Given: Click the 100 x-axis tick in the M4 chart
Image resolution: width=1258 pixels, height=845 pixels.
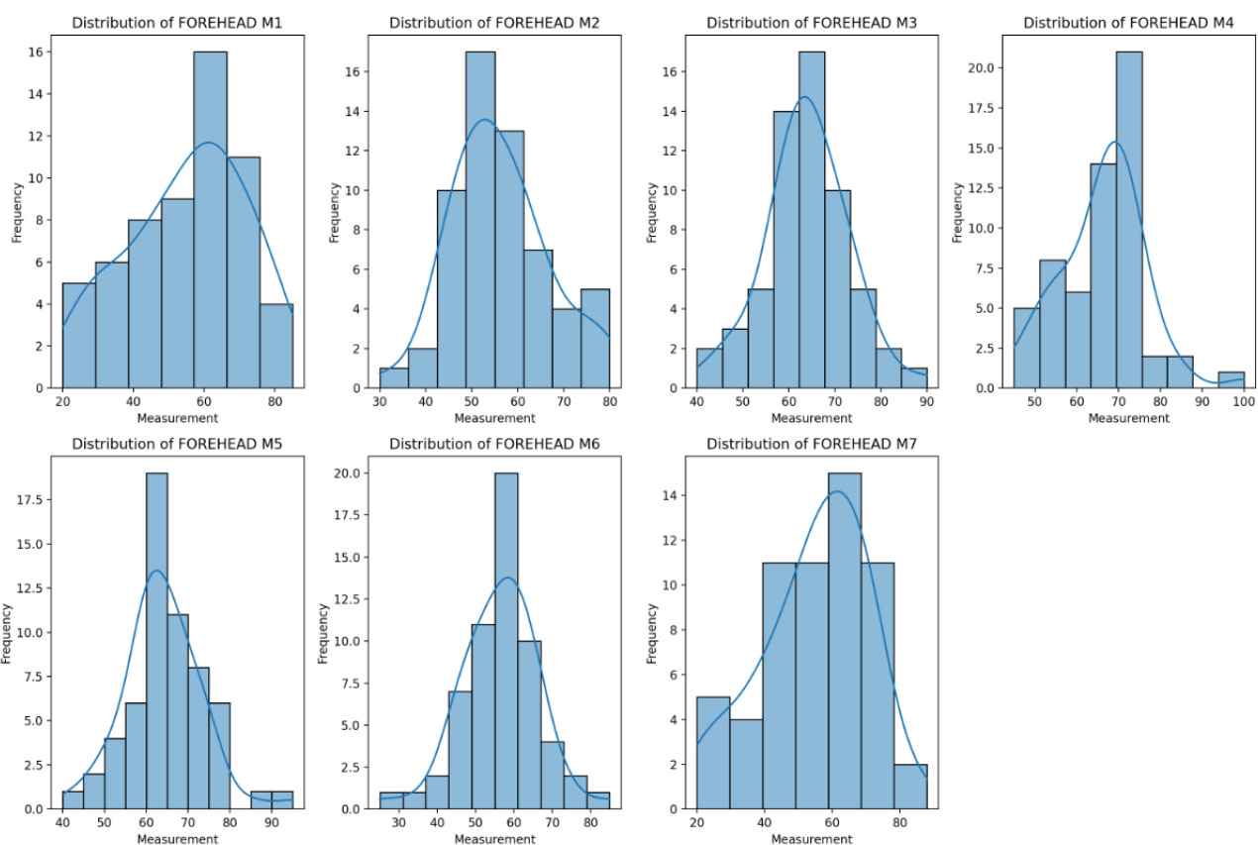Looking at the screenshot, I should (x=1243, y=403).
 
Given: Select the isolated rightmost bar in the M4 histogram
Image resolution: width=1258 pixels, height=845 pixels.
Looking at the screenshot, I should (x=1230, y=380).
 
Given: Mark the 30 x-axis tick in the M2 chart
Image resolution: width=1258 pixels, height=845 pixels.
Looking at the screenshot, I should (x=379, y=403).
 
